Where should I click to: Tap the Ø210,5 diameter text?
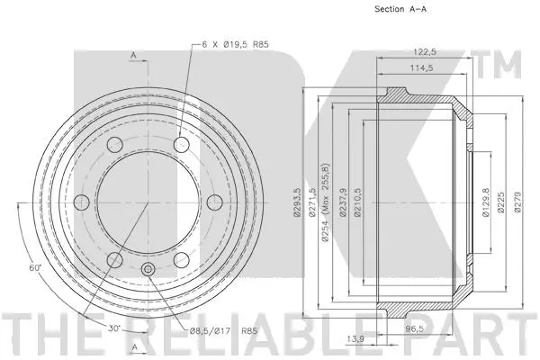pos(358,202)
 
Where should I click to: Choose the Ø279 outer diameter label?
pos(517,202)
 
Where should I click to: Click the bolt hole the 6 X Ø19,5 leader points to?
pos(182,144)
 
